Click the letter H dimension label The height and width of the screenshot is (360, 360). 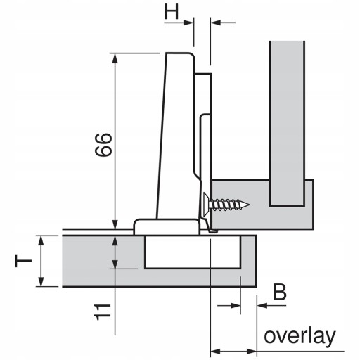coord(172,11)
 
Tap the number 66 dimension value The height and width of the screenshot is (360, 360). coord(103,145)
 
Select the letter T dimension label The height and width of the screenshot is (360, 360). coord(23,261)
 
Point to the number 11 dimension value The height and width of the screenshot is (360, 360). coord(103,312)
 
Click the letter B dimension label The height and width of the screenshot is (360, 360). coord(280,292)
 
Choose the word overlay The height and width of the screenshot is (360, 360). coord(300,337)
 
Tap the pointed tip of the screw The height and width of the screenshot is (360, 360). coord(250,205)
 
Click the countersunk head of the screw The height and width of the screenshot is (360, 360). coord(207,205)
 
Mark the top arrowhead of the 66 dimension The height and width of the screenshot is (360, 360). coord(115,58)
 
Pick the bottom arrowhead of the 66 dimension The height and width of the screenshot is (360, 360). coord(115,224)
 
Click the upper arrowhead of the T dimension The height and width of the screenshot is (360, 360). coord(41,240)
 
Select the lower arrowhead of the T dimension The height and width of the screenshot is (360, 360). coord(41,281)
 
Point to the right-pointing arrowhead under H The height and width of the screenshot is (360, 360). coord(188,22)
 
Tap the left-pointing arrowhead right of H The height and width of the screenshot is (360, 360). coord(216,22)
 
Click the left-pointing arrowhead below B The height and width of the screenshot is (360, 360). coord(262,305)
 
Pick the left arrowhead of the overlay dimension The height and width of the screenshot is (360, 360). coord(216,352)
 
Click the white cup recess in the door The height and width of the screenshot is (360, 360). coord(193,252)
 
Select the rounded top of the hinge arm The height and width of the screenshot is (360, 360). coord(180,56)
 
